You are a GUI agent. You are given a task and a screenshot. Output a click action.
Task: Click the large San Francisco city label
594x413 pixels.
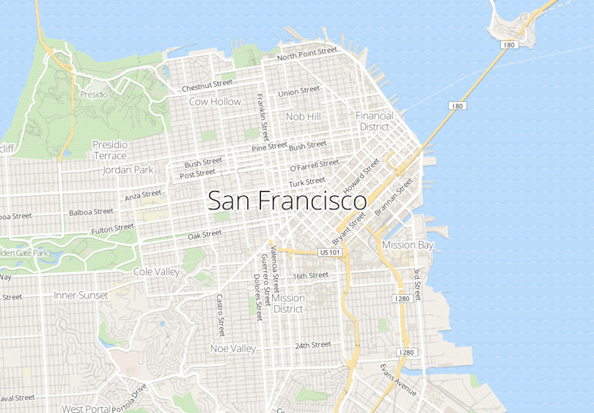pos(287,201)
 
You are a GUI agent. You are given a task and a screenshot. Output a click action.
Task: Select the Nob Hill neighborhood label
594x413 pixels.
pos(303,116)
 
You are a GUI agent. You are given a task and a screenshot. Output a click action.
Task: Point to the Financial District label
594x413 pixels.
pos(374,120)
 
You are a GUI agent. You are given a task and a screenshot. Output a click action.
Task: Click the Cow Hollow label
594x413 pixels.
pos(215,102)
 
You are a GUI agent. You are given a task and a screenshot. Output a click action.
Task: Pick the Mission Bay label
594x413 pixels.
pos(408,245)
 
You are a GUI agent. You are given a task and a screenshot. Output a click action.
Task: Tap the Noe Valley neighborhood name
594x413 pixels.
pos(233,348)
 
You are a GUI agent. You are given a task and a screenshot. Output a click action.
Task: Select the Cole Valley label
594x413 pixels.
pos(157,271)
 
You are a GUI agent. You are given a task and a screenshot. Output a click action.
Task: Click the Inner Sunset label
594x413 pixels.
pos(81,295)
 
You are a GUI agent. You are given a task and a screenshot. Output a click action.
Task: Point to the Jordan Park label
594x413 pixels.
pos(128,170)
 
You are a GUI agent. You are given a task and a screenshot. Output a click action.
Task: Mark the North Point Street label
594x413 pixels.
pos(307,54)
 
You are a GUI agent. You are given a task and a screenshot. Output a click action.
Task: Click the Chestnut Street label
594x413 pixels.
pos(208,85)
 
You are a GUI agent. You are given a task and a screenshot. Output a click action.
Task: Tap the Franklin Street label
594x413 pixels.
pos(263,118)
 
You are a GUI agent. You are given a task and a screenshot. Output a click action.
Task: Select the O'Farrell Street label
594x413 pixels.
pos(315,166)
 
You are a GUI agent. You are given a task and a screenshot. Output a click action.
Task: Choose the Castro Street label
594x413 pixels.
pos(220,315)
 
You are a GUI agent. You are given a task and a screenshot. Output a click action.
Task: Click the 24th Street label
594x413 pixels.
pos(313,345)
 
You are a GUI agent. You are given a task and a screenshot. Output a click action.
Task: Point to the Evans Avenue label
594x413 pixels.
pos(398,379)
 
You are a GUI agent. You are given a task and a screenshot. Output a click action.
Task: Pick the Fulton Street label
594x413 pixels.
pos(112,229)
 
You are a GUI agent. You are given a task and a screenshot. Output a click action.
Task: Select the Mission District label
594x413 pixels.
pos(288,303)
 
